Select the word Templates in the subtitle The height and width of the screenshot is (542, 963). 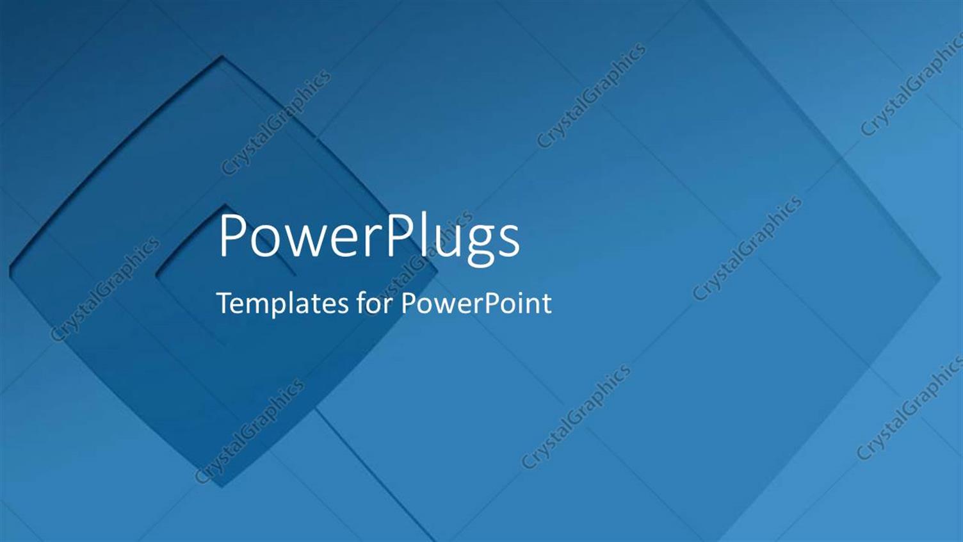282,304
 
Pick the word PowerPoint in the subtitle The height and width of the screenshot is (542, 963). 476,304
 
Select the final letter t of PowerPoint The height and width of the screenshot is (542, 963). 546,304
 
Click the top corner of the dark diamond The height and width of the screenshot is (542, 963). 222,58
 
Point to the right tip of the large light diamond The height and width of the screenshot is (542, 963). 940,277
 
